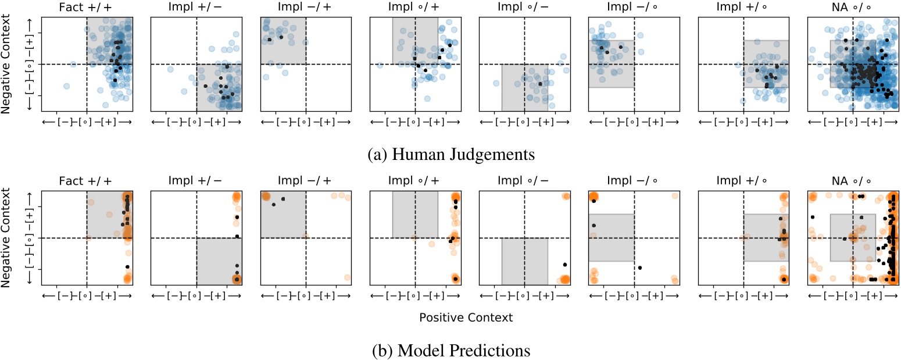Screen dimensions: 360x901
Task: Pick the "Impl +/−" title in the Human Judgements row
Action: coord(196,8)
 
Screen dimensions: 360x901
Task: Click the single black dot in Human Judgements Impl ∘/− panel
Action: coord(541,84)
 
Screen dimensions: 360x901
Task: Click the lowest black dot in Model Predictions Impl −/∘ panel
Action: coord(639,268)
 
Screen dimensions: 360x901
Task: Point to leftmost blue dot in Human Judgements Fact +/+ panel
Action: coord(66,86)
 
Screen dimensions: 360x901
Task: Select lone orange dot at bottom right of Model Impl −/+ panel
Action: coord(346,277)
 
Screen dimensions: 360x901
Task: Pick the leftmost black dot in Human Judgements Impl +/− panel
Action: coord(206,86)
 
